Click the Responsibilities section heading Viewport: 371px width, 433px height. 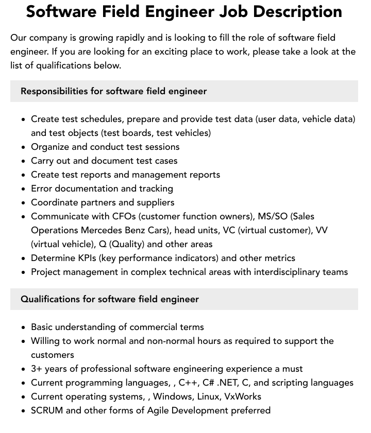click(x=113, y=91)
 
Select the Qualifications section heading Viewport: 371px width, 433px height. click(x=109, y=299)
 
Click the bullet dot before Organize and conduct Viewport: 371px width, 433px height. click(x=24, y=147)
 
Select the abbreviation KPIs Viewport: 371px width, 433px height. click(x=89, y=258)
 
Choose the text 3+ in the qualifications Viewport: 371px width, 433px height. click(x=37, y=369)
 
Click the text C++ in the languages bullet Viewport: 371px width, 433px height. click(x=188, y=383)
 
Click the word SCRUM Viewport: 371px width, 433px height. click(x=47, y=410)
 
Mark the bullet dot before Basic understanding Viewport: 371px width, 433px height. click(x=24, y=327)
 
